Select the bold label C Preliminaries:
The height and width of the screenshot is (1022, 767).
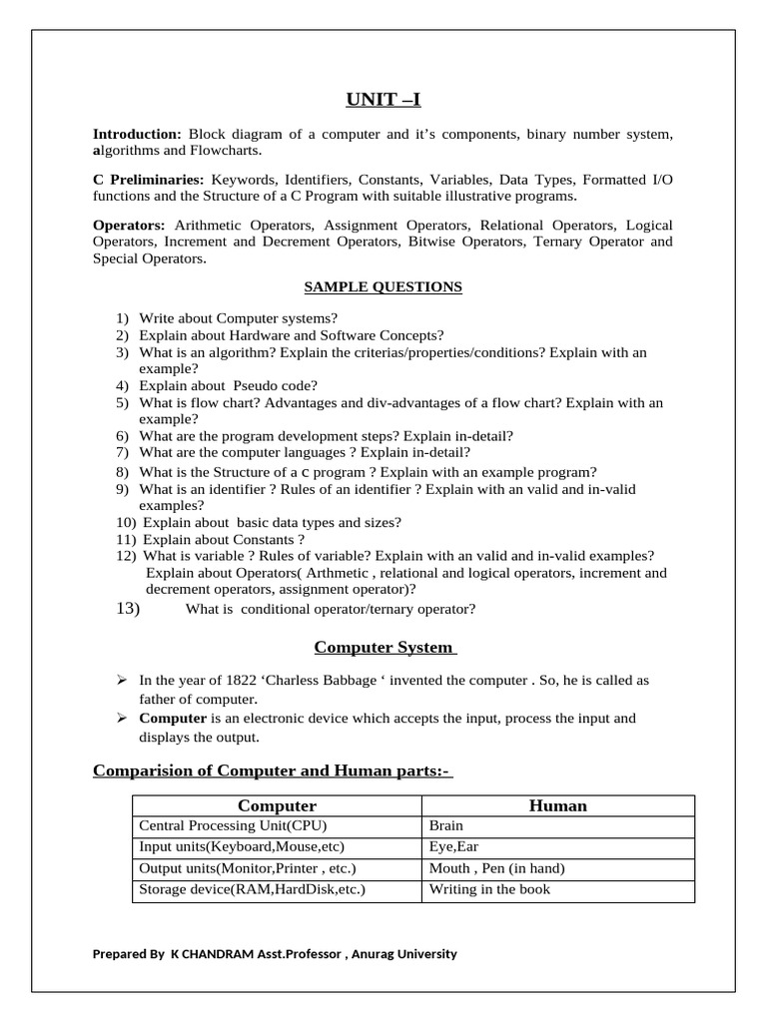coord(148,179)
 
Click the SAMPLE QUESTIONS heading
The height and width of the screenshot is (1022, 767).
coord(383,287)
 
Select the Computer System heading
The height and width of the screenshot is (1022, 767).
coord(383,647)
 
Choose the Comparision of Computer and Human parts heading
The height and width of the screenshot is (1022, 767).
coord(272,769)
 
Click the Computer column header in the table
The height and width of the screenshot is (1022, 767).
coord(277,805)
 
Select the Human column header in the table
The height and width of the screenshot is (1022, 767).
coord(557,805)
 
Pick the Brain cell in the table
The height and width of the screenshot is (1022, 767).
coord(445,826)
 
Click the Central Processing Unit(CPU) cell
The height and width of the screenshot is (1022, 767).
coord(233,826)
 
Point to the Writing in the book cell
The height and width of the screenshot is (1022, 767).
coord(489,889)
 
